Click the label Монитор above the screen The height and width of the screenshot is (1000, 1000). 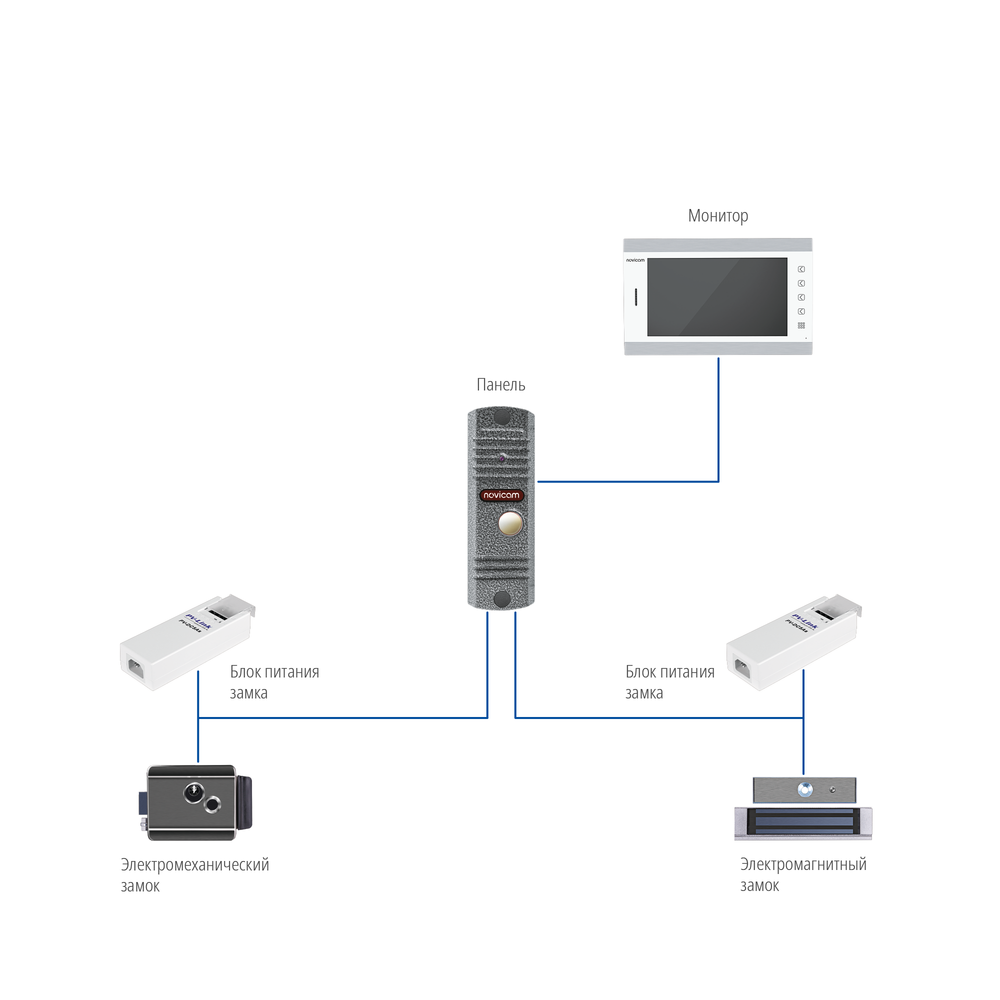coord(717,215)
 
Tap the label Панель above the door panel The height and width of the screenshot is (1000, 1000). coord(500,384)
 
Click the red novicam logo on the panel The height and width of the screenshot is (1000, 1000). coord(501,495)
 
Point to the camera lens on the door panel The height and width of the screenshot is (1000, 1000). coord(501,458)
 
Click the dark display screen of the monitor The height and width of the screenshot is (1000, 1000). coord(717,296)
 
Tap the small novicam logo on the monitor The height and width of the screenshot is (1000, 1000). coord(635,260)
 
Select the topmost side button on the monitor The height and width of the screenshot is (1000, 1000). coord(800,269)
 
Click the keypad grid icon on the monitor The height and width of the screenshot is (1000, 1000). coord(800,325)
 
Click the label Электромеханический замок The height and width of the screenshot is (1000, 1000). coord(194,874)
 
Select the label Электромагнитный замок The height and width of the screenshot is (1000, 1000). coord(802,874)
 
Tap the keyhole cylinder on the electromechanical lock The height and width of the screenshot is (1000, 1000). coord(194,791)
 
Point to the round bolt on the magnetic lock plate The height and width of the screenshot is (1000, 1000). coord(805,789)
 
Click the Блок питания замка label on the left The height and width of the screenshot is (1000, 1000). coord(274,681)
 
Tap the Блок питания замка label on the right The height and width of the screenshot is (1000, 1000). coord(669,681)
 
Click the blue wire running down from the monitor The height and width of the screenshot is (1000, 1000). coord(718,419)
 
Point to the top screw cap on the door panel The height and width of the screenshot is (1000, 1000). coord(501,416)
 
